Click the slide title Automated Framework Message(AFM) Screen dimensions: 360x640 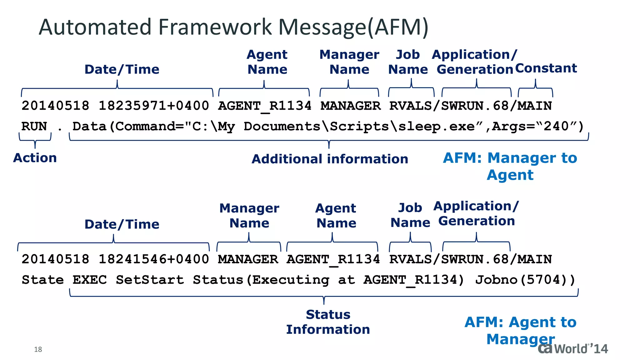click(x=233, y=27)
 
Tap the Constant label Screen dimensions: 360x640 click(x=546, y=68)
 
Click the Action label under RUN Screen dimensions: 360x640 click(x=35, y=158)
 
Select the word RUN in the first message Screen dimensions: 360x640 click(x=34, y=126)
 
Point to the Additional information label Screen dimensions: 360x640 click(x=330, y=159)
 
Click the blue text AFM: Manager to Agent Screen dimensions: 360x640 click(x=510, y=166)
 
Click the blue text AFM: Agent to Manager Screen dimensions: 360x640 click(x=520, y=330)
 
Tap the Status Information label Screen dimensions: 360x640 click(x=328, y=322)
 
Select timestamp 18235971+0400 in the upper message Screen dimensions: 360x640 click(x=153, y=106)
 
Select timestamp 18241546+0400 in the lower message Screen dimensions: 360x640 click(x=153, y=259)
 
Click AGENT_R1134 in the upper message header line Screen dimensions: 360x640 click(x=264, y=106)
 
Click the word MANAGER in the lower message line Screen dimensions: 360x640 click(x=248, y=259)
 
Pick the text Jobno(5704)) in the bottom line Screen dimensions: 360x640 click(x=525, y=280)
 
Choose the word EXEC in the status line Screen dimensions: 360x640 click(x=89, y=280)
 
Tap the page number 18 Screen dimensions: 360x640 click(x=38, y=349)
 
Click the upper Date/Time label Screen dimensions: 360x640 click(x=122, y=69)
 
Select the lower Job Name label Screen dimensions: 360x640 click(x=410, y=215)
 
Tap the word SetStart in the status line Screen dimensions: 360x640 click(x=150, y=280)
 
